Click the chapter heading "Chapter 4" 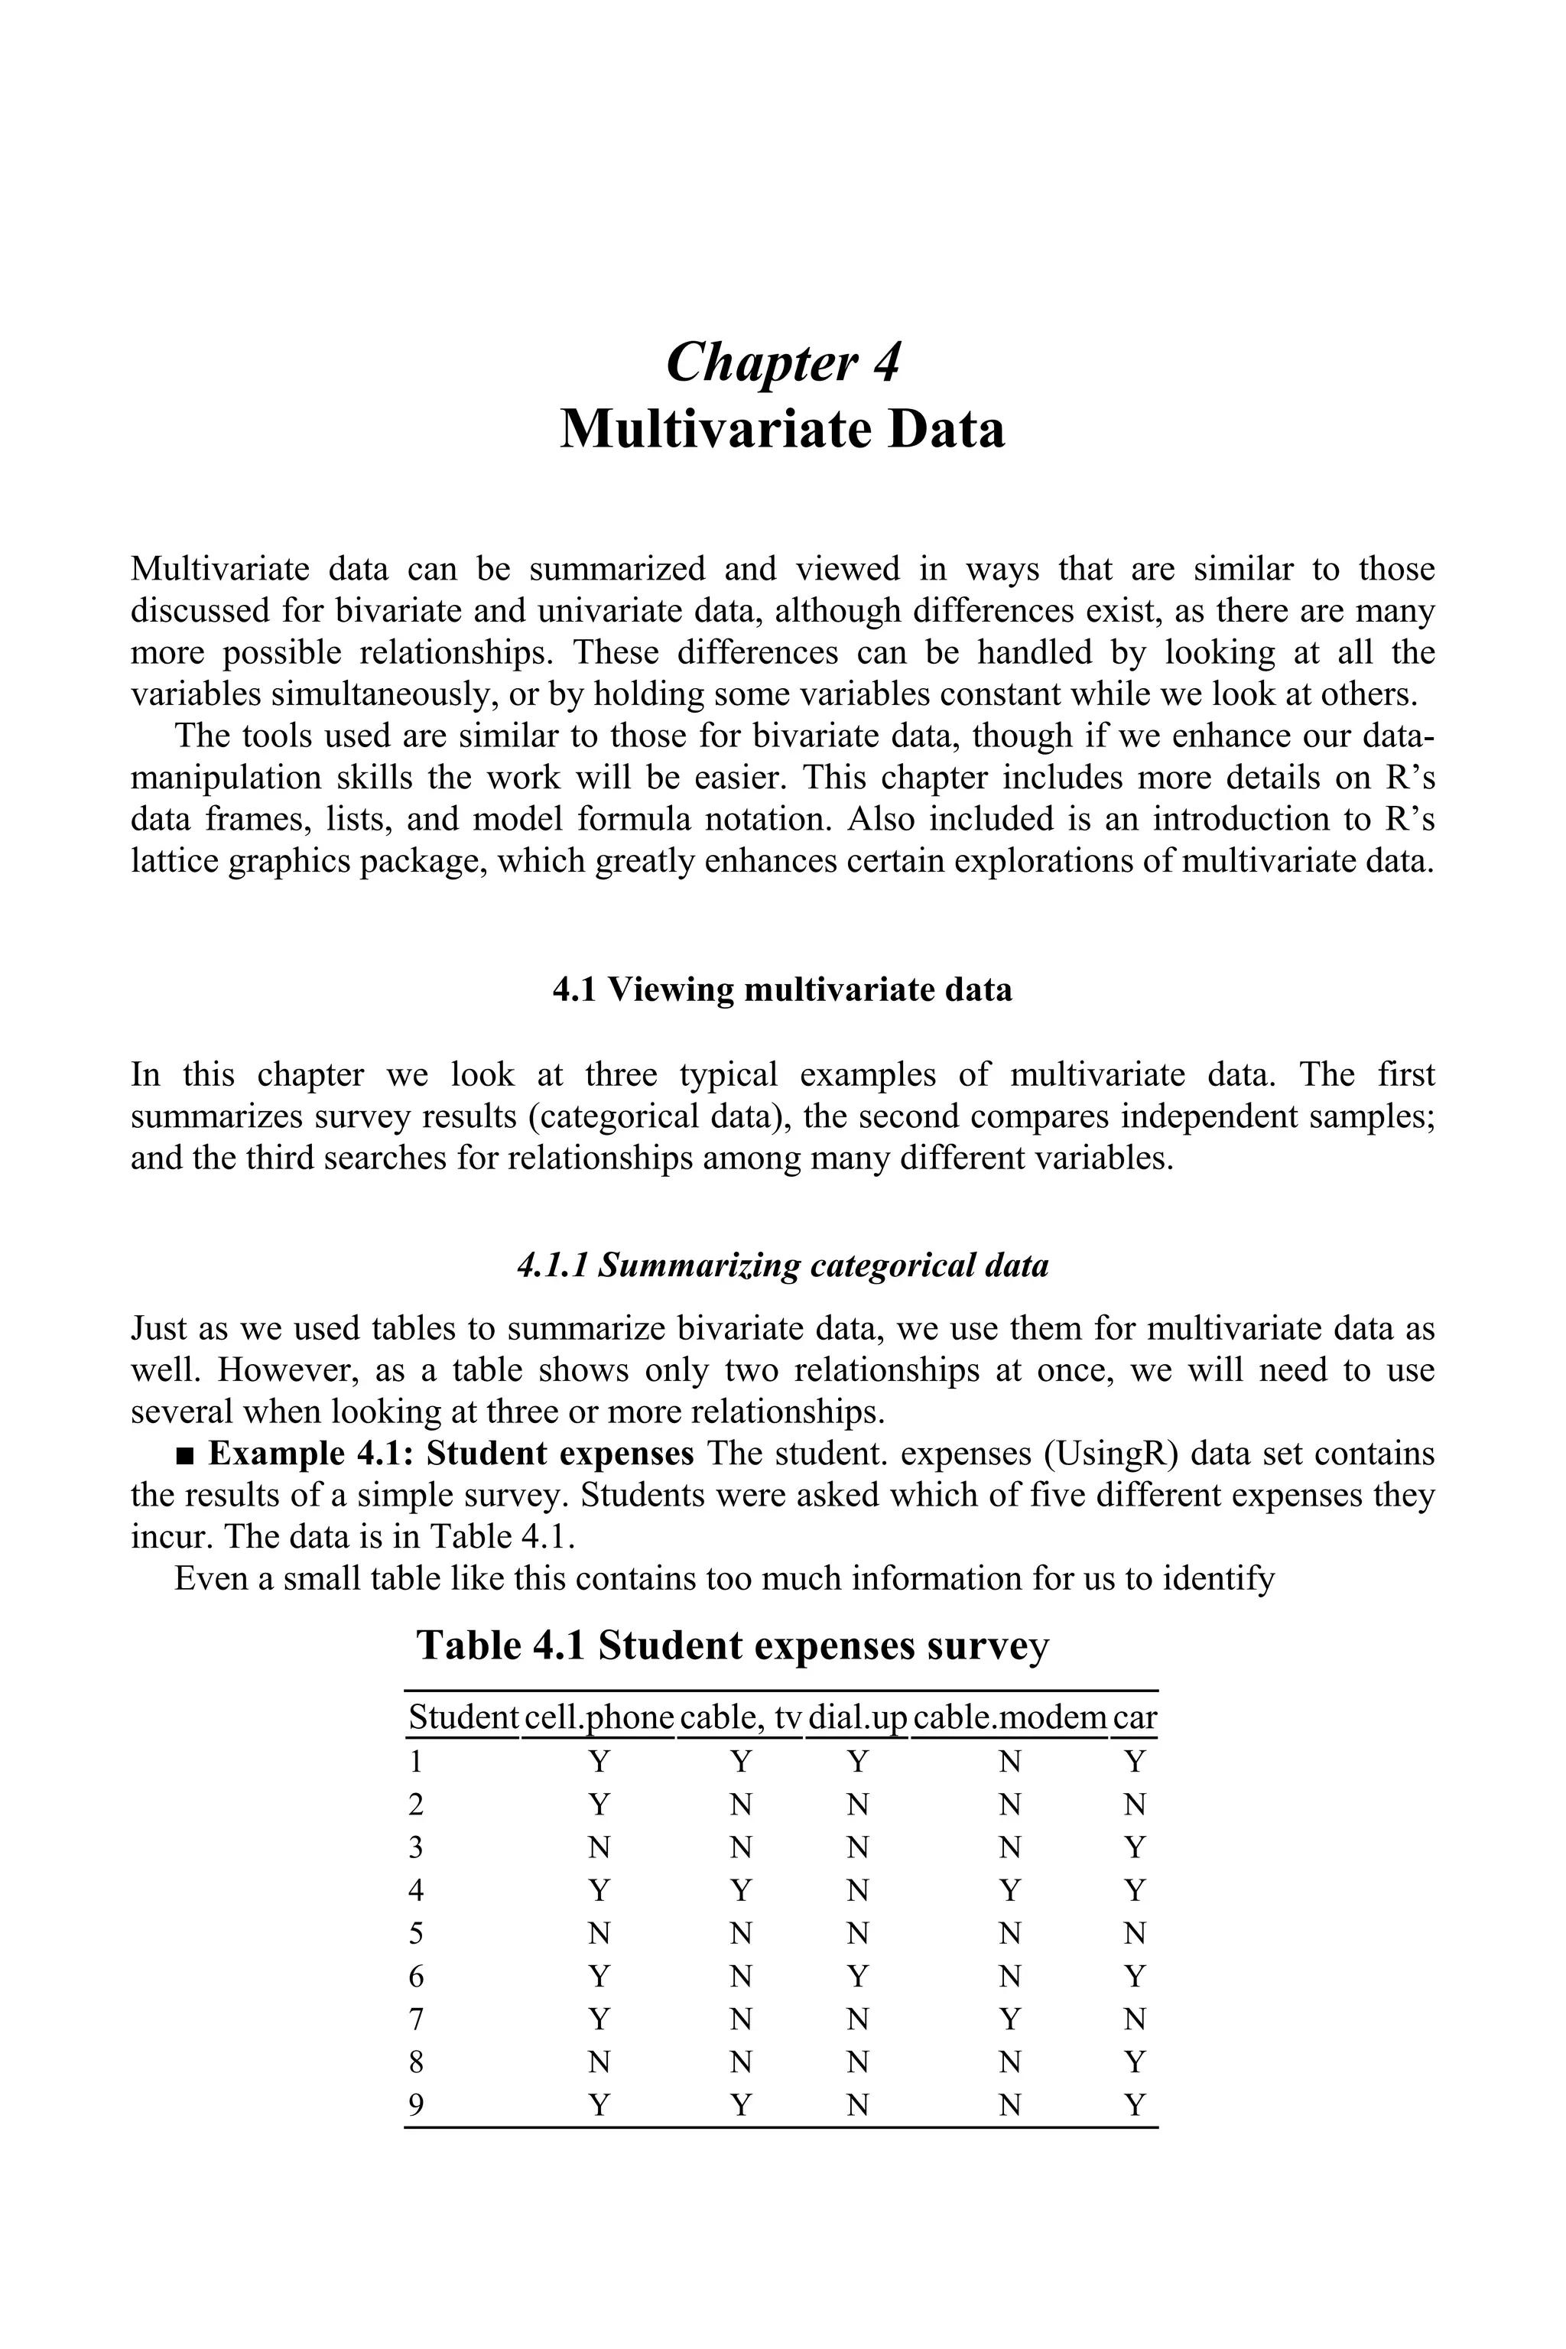click(782, 362)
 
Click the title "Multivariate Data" click(782, 430)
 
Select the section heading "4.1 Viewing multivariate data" click(782, 989)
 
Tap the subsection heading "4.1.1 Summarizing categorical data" click(782, 1266)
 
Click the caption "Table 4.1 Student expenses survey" click(732, 1645)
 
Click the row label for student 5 click(417, 1934)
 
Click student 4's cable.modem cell click(1009, 1890)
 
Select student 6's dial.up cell click(857, 1977)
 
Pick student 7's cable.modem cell click(1009, 2019)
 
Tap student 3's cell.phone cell click(598, 1847)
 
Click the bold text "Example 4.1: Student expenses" click(450, 1453)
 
